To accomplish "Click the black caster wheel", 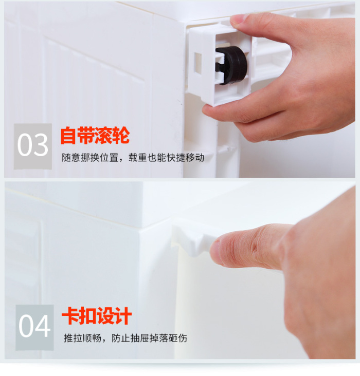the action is click(231, 65).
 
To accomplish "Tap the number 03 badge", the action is click(33, 146).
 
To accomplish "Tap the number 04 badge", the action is click(34, 327).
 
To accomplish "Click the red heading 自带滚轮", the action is click(95, 136).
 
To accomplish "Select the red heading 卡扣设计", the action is click(97, 316).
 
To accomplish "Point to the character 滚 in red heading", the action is click(103, 136).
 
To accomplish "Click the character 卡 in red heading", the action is click(70, 316).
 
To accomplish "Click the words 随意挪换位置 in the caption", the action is click(90, 158).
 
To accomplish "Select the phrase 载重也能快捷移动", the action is click(166, 158).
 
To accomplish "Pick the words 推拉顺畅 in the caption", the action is click(82, 338).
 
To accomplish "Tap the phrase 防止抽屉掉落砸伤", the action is click(149, 338).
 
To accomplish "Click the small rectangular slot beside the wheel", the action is click(198, 63).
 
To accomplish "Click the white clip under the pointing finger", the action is click(192, 237).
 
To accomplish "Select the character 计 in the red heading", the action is click(123, 316).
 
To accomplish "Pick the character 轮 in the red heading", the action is click(121, 136).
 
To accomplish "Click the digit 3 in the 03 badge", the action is click(41, 145).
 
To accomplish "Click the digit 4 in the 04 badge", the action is click(43, 326).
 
